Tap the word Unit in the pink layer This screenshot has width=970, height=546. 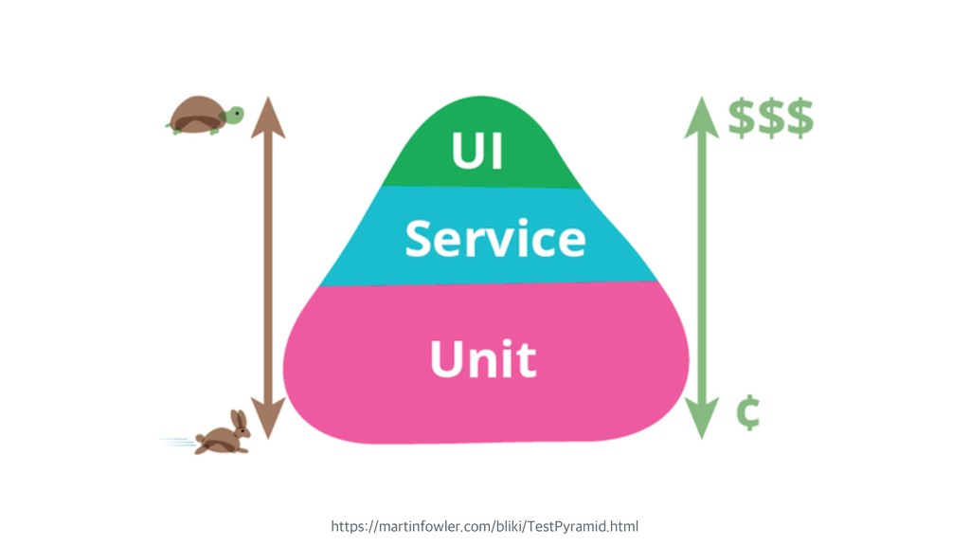483,359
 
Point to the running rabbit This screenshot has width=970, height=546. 224,435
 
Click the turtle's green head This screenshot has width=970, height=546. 233,115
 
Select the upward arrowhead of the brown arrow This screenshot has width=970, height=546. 268,112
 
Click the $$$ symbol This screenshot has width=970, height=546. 770,118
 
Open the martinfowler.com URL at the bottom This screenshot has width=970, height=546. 484,525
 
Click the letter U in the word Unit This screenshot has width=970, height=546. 448,359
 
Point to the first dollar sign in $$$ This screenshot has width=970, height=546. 742,118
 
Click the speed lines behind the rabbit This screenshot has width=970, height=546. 177,441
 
